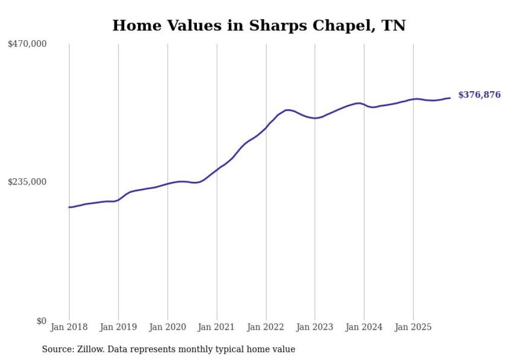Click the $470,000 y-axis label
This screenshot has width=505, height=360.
(x=27, y=44)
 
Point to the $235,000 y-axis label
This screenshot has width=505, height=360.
(x=27, y=182)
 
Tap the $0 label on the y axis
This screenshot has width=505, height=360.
(x=41, y=321)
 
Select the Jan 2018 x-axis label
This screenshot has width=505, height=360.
(x=69, y=327)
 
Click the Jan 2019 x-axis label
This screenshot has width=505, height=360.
(x=118, y=327)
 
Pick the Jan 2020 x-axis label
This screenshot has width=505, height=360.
(x=167, y=327)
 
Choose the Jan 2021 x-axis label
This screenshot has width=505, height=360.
(x=216, y=327)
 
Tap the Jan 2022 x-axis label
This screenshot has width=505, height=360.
(x=266, y=327)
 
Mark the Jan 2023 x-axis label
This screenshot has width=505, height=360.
(x=315, y=327)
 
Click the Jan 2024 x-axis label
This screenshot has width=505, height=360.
(x=364, y=327)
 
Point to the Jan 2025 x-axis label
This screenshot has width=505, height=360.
(x=413, y=327)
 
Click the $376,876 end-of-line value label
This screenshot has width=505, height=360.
(x=479, y=95)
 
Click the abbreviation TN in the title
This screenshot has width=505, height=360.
(x=394, y=25)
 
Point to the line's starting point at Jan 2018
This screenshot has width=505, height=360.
(x=69, y=207)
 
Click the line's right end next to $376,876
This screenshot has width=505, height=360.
(x=450, y=98)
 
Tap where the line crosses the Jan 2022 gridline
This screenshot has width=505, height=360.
(x=266, y=127)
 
